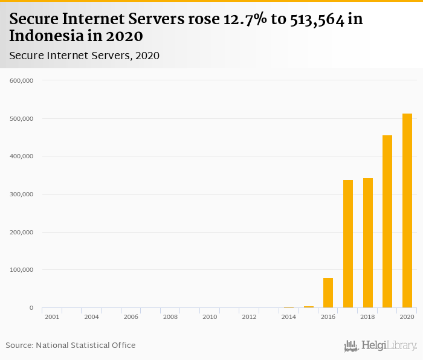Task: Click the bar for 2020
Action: click(407, 211)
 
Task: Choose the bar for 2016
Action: click(328, 293)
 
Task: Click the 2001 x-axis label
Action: click(52, 317)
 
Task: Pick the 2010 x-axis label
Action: click(210, 317)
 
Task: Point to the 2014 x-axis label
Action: click(289, 317)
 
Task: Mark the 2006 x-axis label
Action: click(131, 317)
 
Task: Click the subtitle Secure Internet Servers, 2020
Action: click(84, 56)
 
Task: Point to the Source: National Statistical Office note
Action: click(71, 345)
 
